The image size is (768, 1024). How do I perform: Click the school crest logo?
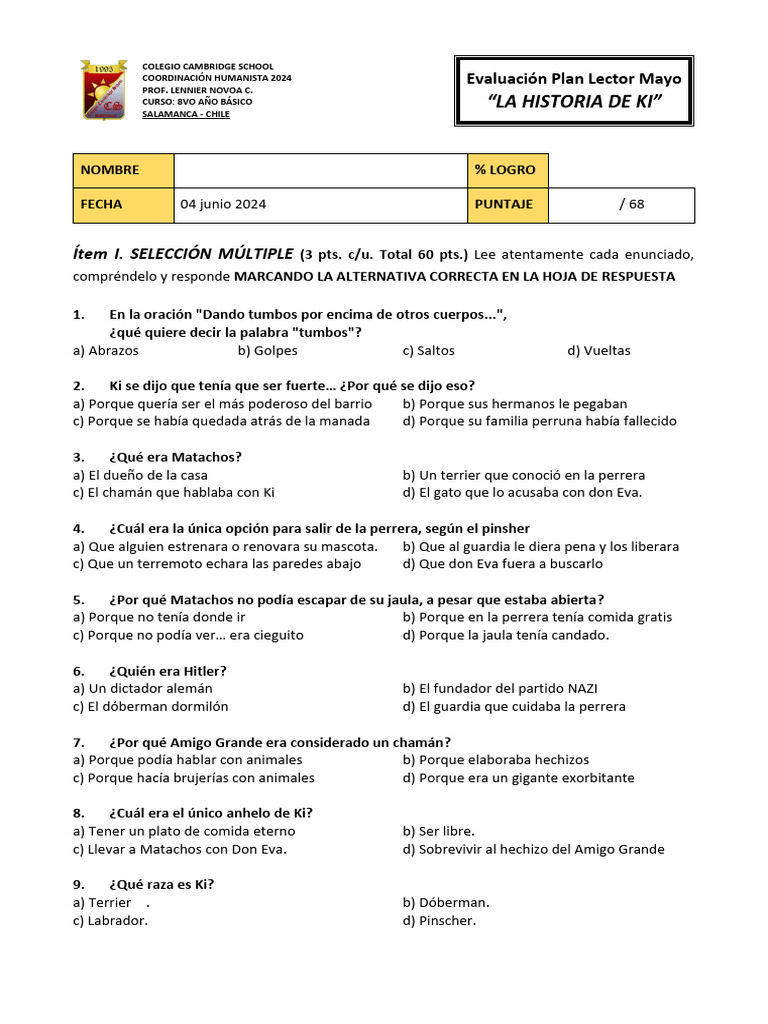click(x=103, y=91)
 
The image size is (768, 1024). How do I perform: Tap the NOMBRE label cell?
click(x=123, y=170)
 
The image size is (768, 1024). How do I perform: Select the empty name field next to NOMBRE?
click(x=320, y=170)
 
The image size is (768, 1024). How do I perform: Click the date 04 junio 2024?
click(x=223, y=204)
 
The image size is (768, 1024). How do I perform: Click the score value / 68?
click(x=632, y=204)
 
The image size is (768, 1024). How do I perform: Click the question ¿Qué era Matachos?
click(x=175, y=457)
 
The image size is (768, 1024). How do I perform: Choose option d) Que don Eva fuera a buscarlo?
click(x=503, y=563)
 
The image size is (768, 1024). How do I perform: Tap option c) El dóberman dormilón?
click(x=151, y=706)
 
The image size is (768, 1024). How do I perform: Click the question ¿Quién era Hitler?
click(x=168, y=670)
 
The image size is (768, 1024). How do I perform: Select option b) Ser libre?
click(x=439, y=831)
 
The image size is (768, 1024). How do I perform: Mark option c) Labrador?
click(x=111, y=920)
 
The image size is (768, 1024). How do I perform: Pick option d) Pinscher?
click(x=440, y=920)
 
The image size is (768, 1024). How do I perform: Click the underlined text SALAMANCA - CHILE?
click(x=186, y=114)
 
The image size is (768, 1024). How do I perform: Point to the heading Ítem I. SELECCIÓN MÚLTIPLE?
click(x=183, y=254)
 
